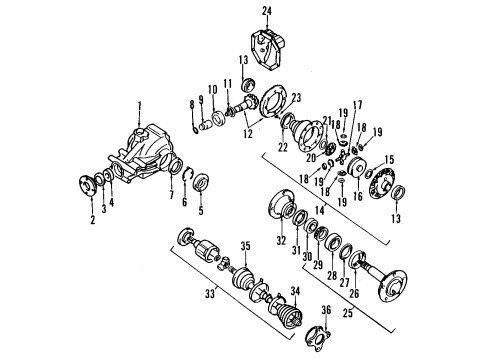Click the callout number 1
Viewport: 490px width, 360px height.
click(x=140, y=105)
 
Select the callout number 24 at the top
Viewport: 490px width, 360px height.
click(x=267, y=11)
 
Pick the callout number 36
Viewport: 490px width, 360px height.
click(x=325, y=310)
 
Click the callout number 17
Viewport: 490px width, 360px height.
click(x=356, y=103)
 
